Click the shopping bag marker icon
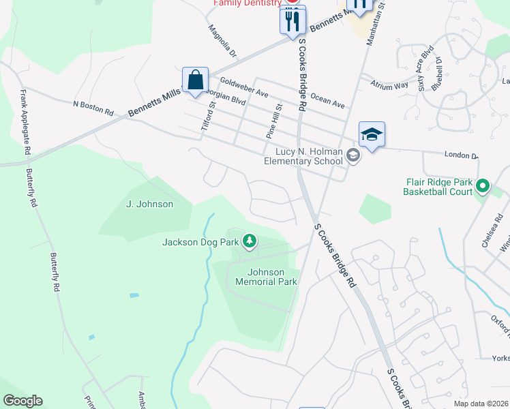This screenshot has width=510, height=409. (195, 80)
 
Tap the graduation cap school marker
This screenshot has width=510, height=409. (372, 135)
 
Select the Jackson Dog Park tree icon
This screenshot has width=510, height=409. (250, 241)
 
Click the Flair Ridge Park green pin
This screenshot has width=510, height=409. (483, 185)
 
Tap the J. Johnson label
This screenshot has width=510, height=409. (150, 204)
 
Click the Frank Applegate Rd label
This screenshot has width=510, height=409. (26, 122)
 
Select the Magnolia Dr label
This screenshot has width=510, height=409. (222, 41)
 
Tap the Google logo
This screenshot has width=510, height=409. (22, 401)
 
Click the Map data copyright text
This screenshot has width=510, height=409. (481, 404)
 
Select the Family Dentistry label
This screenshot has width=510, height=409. (247, 3)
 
